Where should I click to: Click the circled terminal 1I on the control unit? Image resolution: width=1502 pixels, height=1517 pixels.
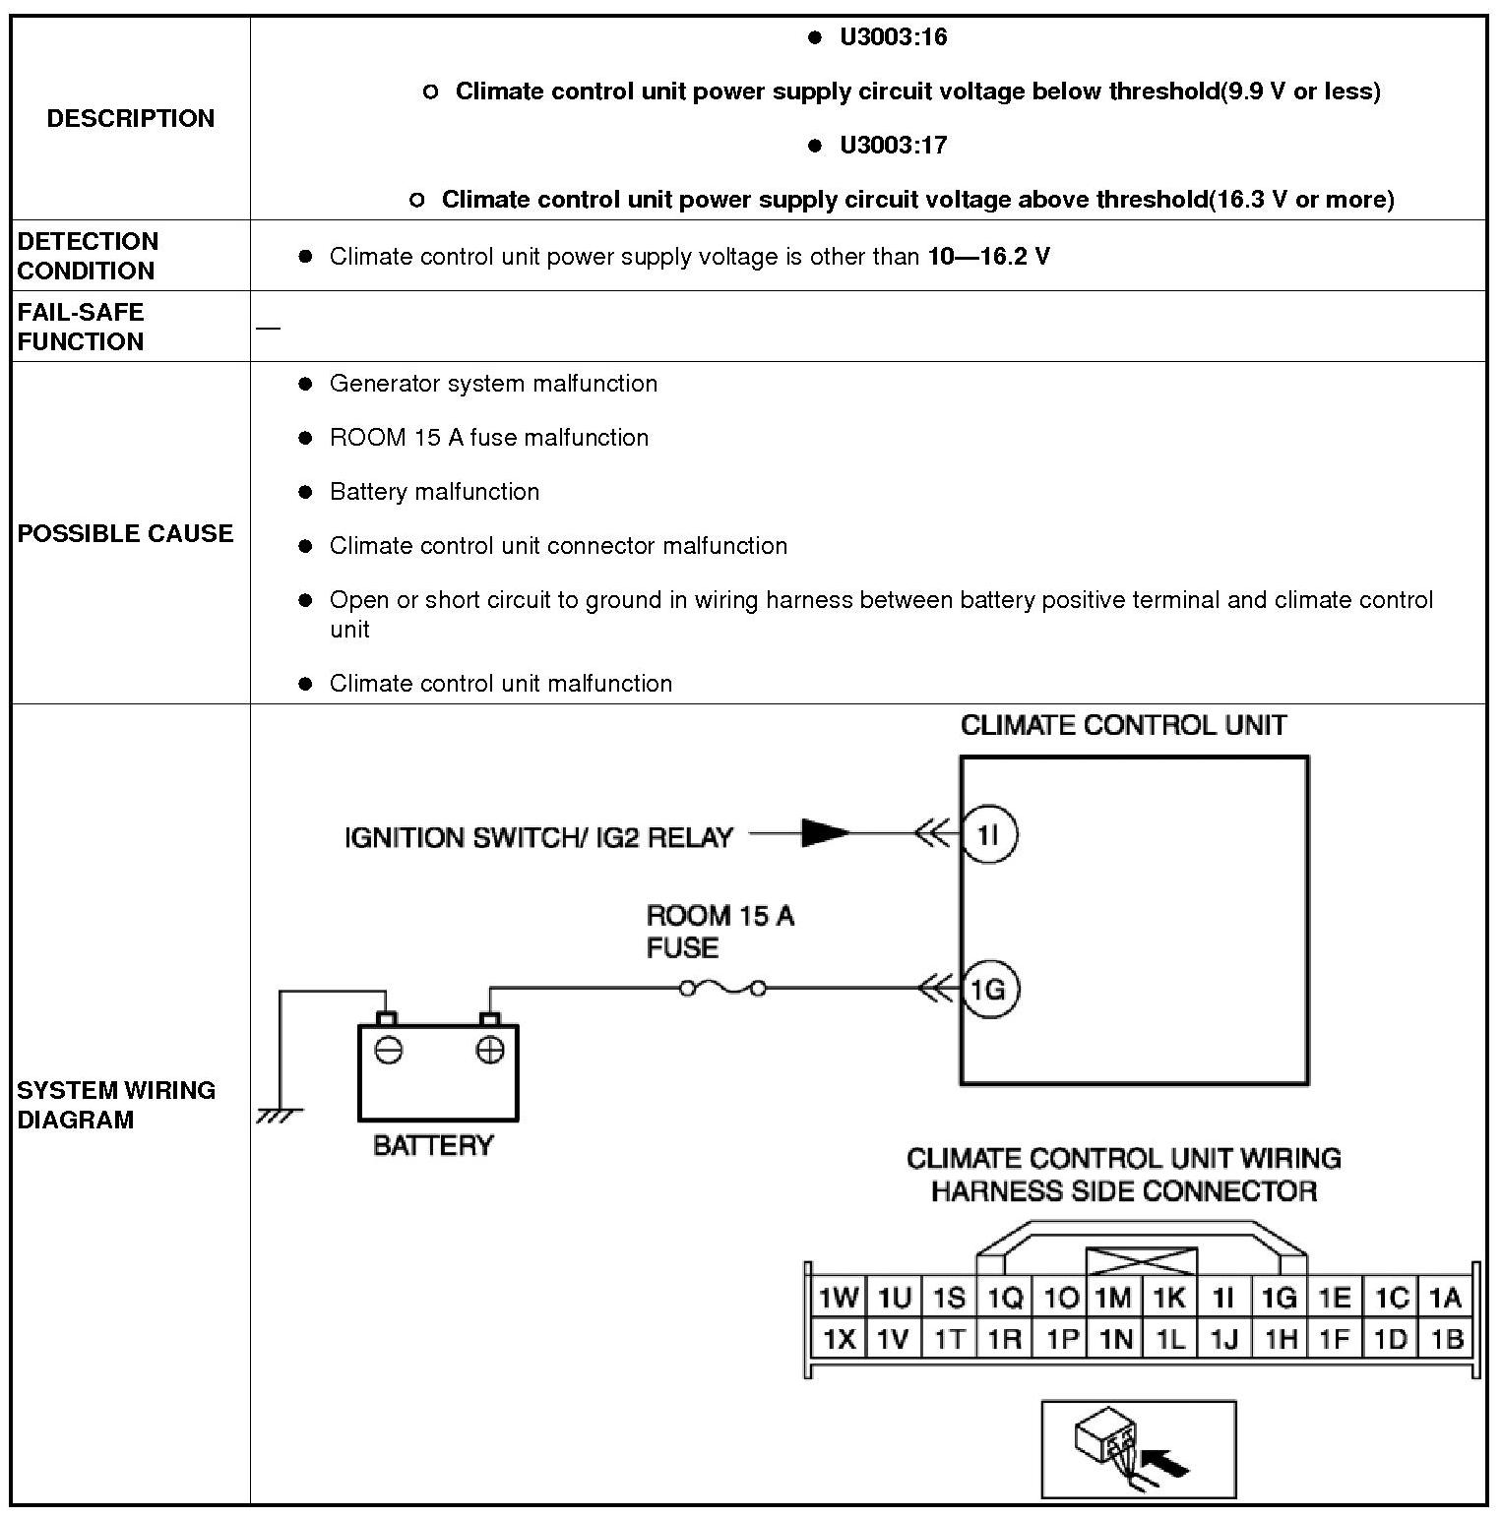988,834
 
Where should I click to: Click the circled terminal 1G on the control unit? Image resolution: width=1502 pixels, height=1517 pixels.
988,989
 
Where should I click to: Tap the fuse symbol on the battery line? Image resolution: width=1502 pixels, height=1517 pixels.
722,988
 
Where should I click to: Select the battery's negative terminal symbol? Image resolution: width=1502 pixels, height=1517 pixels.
389,1051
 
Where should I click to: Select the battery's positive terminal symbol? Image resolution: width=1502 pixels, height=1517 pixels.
489,1051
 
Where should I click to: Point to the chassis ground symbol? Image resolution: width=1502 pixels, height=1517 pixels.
280,1115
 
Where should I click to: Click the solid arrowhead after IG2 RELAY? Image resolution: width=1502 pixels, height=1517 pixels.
825,833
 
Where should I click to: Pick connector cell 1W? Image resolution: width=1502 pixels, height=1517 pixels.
839,1298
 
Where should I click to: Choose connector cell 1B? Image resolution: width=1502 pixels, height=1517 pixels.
1446,1339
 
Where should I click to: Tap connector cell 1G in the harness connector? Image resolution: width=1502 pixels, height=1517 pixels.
1279,1298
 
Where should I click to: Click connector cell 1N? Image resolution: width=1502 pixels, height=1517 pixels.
1114,1339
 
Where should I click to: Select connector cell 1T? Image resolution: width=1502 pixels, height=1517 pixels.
949,1339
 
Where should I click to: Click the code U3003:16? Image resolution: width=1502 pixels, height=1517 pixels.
893,37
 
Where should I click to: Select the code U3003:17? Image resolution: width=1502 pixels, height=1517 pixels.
893,146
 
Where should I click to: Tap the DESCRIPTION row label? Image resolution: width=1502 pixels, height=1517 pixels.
131,118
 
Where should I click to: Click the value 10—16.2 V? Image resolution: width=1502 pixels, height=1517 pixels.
988,257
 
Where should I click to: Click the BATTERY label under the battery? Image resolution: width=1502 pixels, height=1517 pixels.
433,1145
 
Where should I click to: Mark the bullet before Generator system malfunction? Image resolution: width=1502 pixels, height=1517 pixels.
305,384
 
